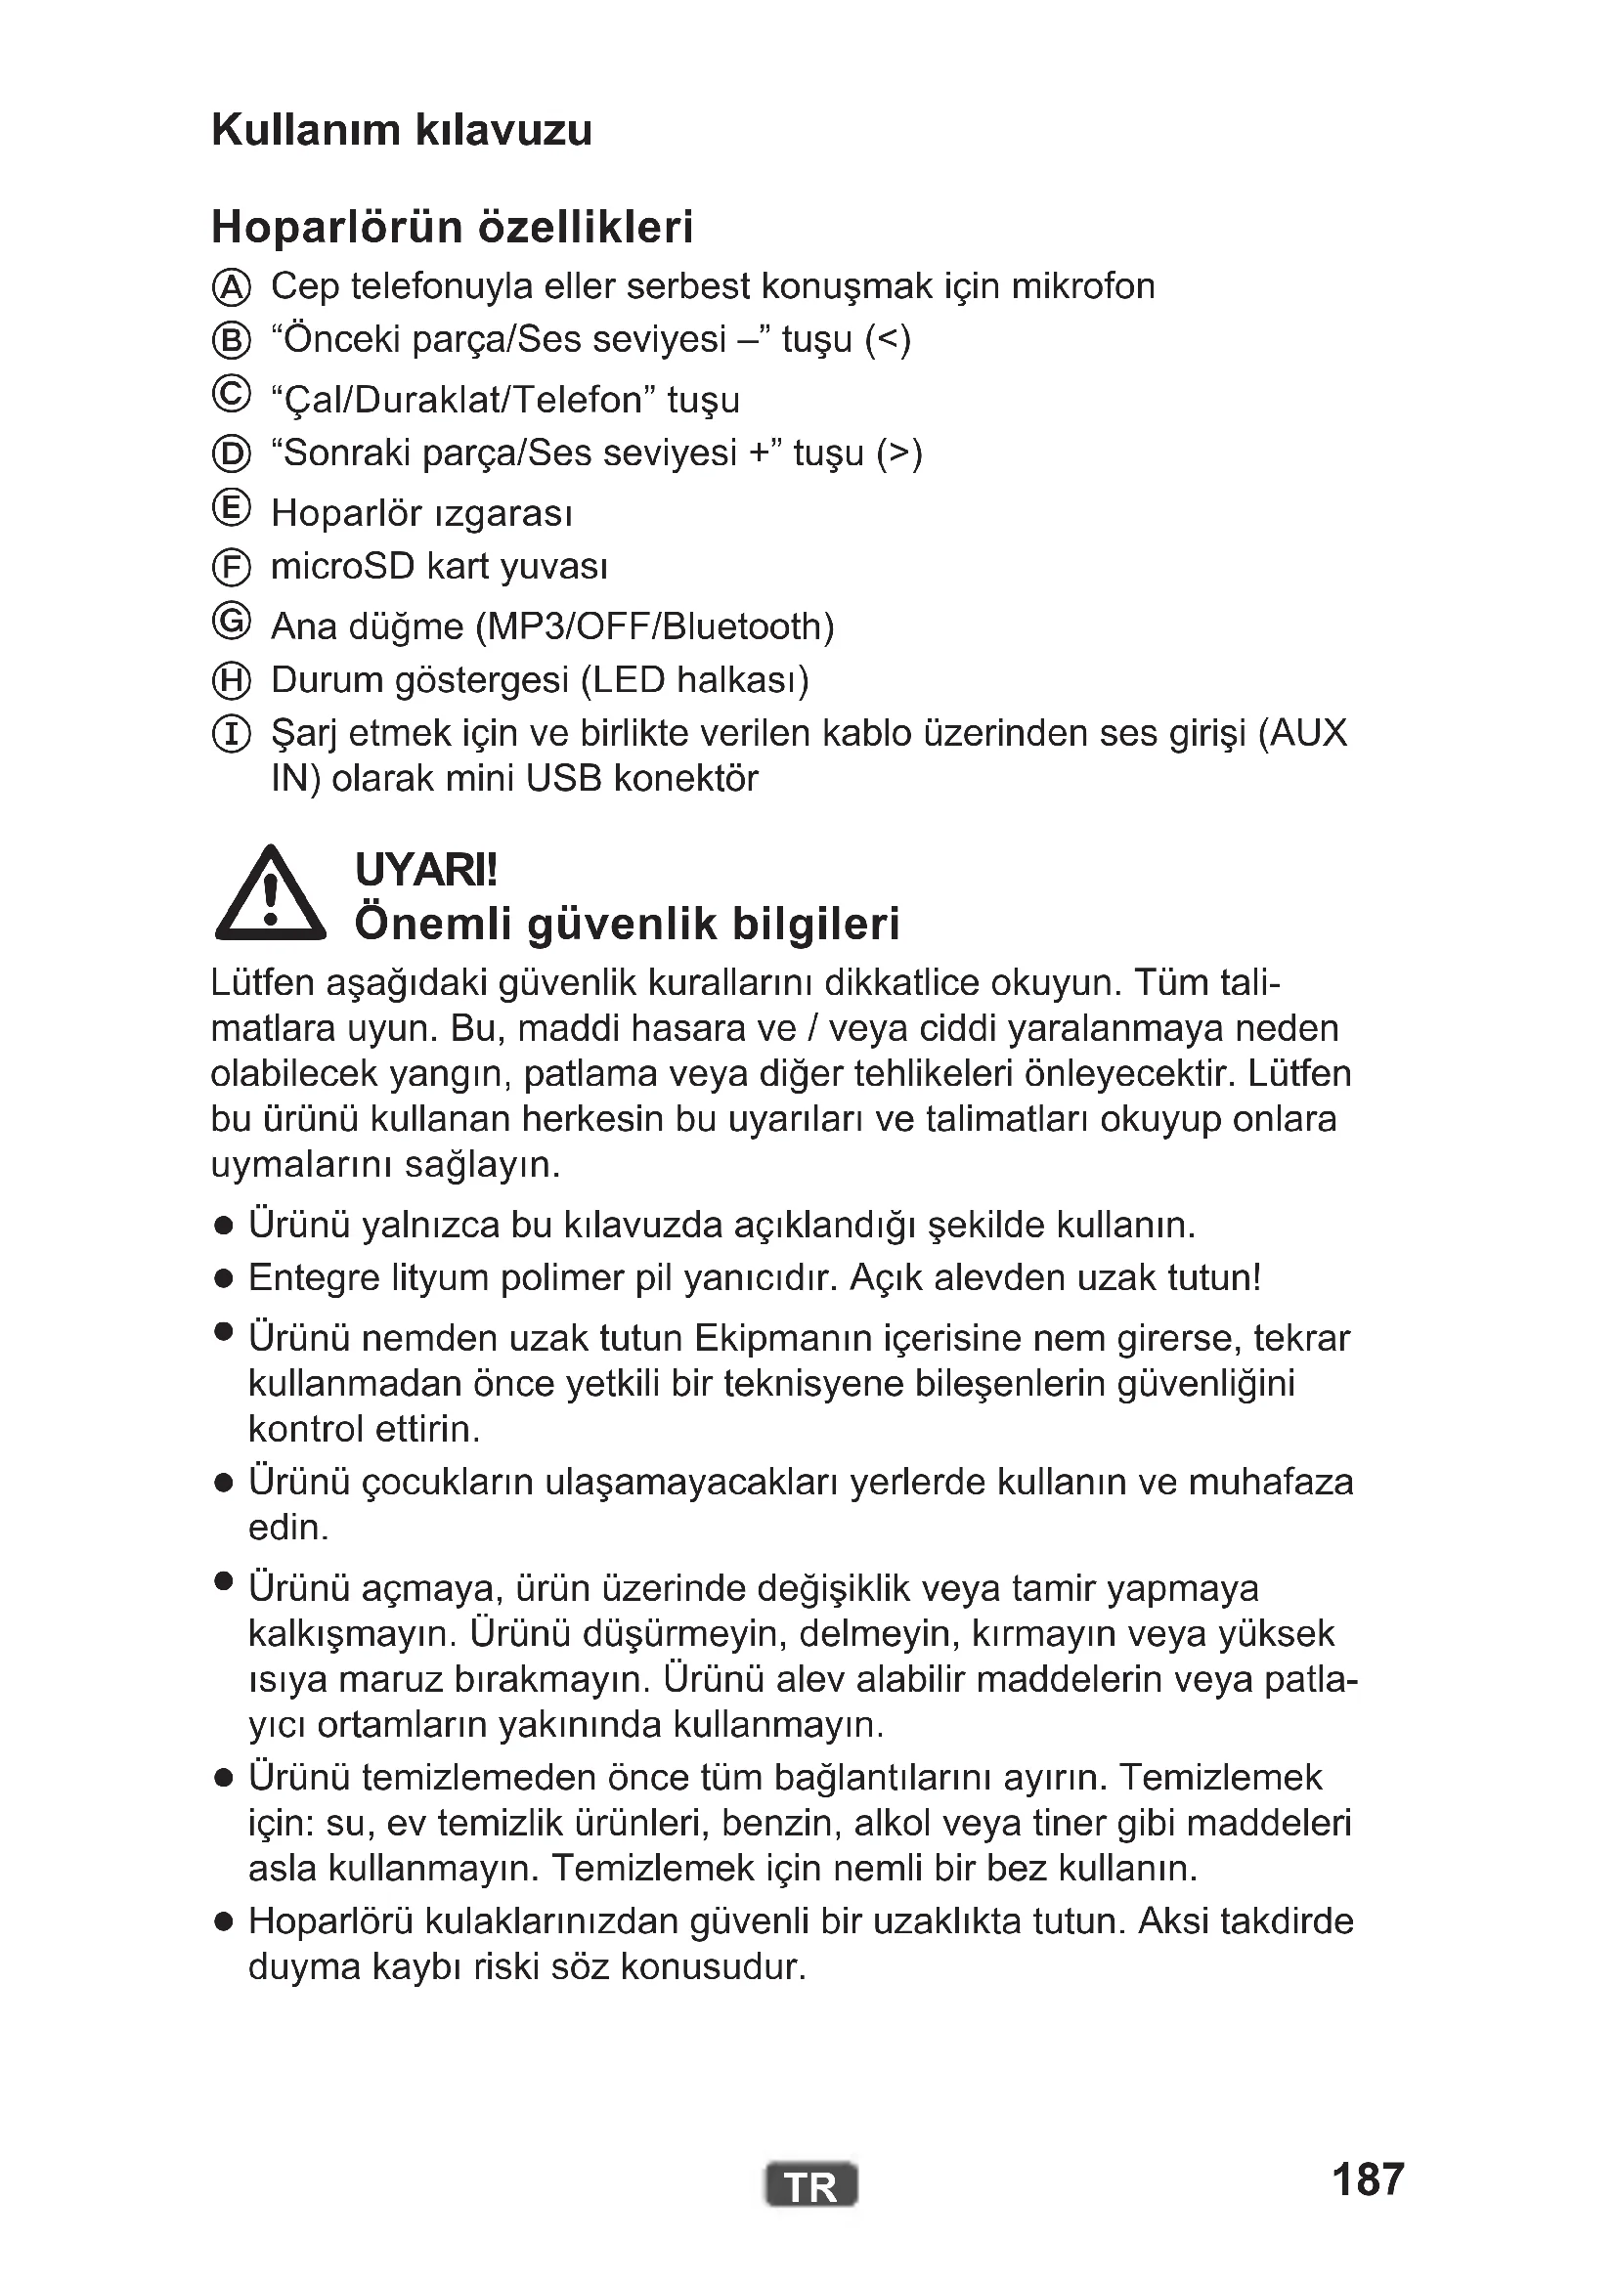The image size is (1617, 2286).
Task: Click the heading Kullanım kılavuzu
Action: point(401,130)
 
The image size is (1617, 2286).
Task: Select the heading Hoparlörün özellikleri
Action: point(452,227)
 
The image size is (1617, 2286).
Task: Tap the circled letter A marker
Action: point(231,287)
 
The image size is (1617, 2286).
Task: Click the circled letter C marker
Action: point(231,394)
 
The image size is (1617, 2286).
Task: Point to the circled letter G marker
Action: point(231,622)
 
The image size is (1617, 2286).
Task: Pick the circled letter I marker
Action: point(231,735)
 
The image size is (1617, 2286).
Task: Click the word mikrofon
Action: point(1082,286)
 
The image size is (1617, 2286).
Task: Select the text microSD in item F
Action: point(342,567)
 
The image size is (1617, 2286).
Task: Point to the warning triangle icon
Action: point(270,895)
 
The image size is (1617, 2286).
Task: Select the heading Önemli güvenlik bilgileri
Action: point(627,924)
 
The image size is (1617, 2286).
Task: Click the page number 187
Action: point(1367,2179)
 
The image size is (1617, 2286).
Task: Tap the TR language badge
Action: point(810,2186)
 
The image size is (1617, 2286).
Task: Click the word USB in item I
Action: point(563,779)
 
